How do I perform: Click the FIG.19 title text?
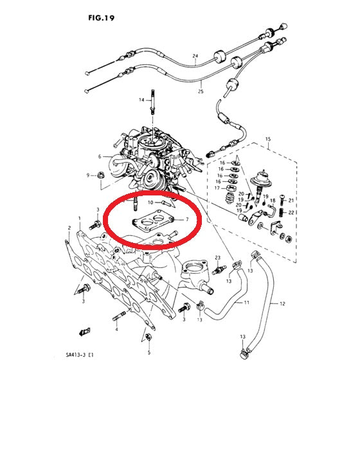[102, 18]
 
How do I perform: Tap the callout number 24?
[195, 56]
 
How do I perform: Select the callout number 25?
[201, 91]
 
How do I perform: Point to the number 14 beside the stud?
[141, 100]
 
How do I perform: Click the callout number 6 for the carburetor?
[100, 156]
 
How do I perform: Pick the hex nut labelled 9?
[100, 174]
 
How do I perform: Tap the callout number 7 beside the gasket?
[187, 220]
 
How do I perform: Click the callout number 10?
[150, 203]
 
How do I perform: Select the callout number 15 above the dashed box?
[268, 139]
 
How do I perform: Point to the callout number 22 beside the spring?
[291, 213]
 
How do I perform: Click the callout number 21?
[291, 200]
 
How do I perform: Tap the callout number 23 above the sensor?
[218, 258]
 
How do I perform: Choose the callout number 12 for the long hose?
[282, 303]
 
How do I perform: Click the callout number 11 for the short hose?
[247, 303]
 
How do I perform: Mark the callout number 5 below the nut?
[149, 352]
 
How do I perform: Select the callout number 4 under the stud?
[116, 329]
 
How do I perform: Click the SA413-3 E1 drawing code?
[80, 355]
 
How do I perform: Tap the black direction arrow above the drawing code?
[84, 332]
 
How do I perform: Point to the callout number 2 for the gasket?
[69, 228]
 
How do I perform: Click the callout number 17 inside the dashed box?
[217, 188]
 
